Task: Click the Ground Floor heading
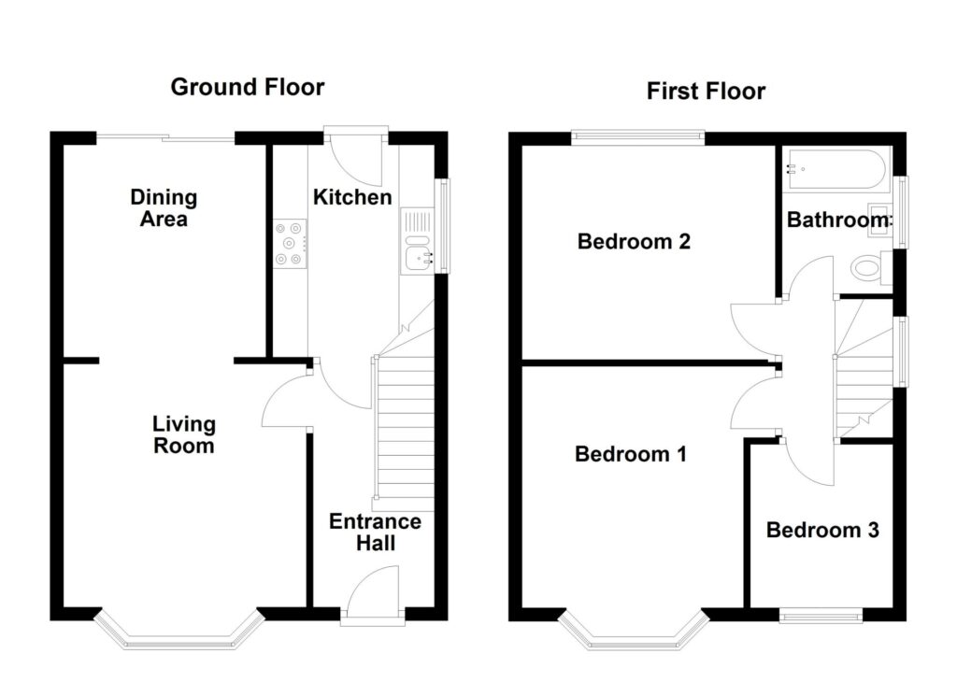[248, 88]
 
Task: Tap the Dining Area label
[164, 208]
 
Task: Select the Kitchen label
[351, 197]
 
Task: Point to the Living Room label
[184, 435]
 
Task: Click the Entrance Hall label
[375, 533]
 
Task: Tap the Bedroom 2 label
[634, 242]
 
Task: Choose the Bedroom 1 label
[631, 455]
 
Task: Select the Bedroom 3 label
[822, 531]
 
